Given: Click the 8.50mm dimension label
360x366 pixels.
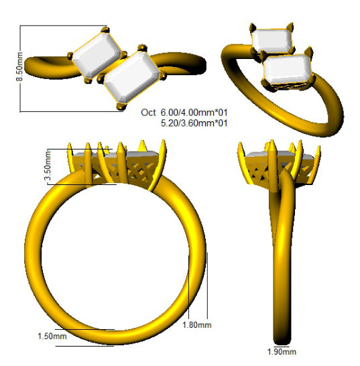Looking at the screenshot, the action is (x=19, y=66).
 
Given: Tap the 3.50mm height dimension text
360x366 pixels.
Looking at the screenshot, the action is (x=48, y=166).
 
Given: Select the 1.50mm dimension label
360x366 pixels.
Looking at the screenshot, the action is (x=52, y=337).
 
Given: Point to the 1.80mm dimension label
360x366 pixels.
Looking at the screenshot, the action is (x=197, y=325).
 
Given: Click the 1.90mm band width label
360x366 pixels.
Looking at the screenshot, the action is (x=282, y=352).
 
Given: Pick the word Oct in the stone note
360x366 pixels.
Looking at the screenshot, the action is (x=148, y=113).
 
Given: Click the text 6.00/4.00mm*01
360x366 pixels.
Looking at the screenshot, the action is (x=194, y=113).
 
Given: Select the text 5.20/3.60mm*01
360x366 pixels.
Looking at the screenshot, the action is (x=194, y=123).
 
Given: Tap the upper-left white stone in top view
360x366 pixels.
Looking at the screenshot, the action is (x=96, y=55).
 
